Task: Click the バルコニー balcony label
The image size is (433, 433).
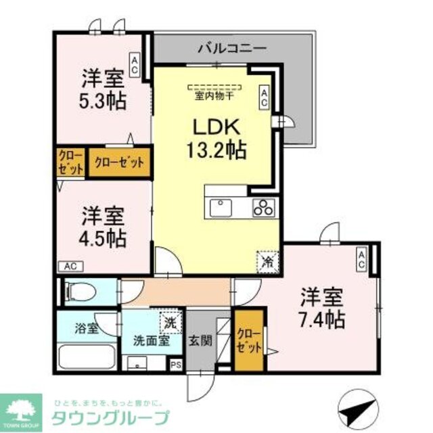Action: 232,49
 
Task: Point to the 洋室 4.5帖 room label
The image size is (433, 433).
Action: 103,227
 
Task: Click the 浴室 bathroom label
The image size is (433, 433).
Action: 87,329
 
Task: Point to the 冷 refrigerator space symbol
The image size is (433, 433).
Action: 267,260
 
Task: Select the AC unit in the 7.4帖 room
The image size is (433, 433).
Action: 363,260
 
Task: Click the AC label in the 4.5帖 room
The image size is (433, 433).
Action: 70,266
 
